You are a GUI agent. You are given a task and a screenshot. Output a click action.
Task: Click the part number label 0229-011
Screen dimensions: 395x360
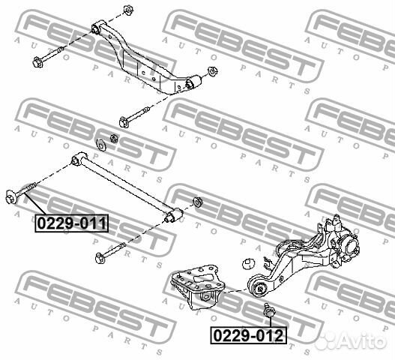pos(71,223)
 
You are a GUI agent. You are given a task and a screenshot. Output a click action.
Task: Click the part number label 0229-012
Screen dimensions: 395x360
pos(248,335)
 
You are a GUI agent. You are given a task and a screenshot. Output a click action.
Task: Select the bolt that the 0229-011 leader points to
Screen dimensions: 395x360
pos(21,192)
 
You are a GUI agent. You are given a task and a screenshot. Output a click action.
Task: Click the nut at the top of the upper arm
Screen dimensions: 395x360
pos(128,10)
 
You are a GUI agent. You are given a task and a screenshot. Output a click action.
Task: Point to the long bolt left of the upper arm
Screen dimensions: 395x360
pos(47,58)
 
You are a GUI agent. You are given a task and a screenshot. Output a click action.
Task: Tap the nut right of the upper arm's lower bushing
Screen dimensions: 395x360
pos(213,71)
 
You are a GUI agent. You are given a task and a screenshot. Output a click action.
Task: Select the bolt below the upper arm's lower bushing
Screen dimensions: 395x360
pos(134,117)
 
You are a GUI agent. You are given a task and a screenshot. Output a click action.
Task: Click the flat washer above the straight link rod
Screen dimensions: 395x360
pos(101,145)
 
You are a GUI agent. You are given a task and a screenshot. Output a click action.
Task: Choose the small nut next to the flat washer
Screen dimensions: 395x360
pos(114,138)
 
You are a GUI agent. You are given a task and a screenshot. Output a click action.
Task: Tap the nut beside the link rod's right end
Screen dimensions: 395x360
pos(198,202)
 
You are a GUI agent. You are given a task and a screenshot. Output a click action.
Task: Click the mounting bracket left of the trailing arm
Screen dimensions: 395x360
pos(198,286)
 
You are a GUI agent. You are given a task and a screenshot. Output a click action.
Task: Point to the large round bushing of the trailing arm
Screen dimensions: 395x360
pos(259,287)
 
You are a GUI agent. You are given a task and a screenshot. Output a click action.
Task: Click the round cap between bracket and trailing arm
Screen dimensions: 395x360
pos(249,264)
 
